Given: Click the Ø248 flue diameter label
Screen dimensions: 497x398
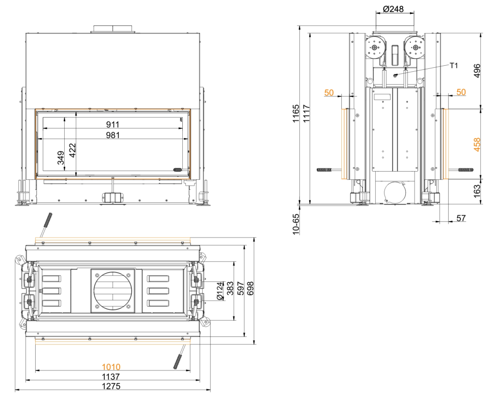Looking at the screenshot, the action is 393,9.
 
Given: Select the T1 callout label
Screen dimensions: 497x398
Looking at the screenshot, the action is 454,66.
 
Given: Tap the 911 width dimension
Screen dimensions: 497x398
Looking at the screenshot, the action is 113,124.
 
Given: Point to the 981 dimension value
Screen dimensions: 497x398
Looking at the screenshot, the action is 113,135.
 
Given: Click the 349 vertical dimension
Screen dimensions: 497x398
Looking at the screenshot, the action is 61,157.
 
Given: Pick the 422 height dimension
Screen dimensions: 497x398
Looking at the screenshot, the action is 73,150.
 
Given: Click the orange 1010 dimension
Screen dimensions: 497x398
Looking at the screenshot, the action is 111,367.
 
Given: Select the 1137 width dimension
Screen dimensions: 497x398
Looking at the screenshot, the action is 111,377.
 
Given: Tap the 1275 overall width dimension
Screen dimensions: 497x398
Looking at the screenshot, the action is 111,386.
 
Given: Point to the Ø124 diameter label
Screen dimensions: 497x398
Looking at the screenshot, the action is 220,291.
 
